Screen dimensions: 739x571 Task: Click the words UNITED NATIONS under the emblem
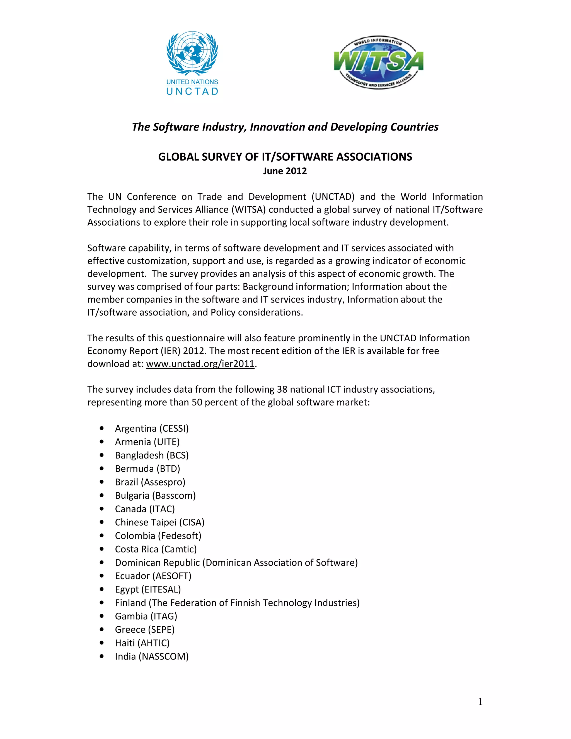[x=192, y=82]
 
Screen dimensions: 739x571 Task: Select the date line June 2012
[x=285, y=171]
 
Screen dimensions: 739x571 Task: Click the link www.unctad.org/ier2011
[x=200, y=364]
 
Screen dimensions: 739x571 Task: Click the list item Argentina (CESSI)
[x=152, y=428]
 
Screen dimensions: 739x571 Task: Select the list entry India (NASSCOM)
[x=152, y=656]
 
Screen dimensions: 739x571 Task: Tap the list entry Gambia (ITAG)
[x=146, y=616]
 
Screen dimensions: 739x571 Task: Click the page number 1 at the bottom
[x=480, y=702]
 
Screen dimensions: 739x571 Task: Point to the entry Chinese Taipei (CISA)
[x=159, y=522]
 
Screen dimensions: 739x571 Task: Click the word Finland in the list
[x=130, y=603]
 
